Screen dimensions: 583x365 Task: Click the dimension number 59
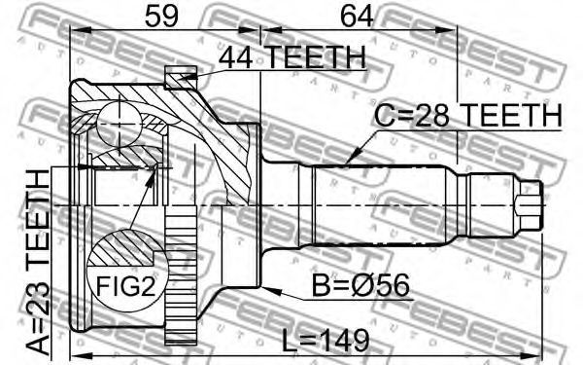coord(161,16)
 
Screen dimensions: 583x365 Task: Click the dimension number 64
coord(357,16)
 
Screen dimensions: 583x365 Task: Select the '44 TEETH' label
coord(291,57)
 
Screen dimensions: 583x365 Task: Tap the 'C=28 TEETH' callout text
coord(467,115)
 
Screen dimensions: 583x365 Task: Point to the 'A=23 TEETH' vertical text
coord(39,262)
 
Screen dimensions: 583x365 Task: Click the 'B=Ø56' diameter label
coord(360,285)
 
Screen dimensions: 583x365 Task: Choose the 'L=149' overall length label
coord(326,341)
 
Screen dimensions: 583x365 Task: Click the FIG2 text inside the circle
coord(125,286)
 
